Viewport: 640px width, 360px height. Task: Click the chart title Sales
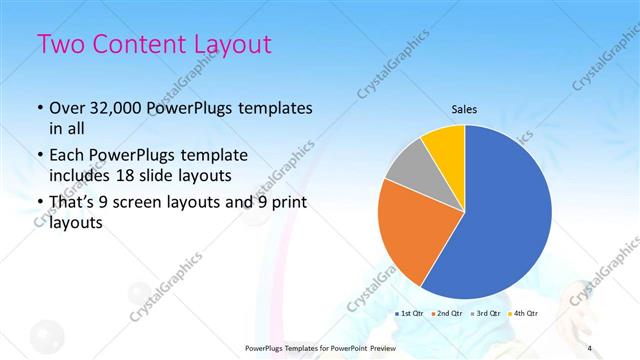465,109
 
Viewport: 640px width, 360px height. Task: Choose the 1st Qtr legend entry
412,314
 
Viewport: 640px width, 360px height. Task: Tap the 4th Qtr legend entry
526,314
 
